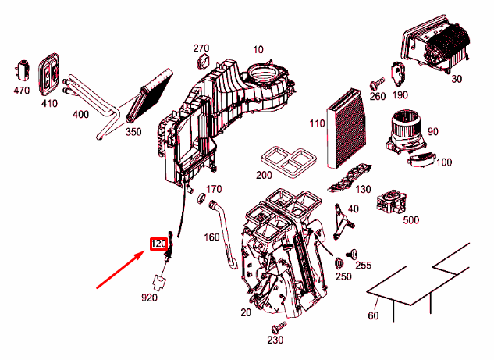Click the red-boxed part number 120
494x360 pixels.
click(158, 244)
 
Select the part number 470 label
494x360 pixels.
click(21, 91)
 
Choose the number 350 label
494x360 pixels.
click(133, 132)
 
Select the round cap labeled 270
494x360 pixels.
click(202, 62)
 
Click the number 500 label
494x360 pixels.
click(411, 220)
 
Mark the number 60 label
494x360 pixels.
click(372, 316)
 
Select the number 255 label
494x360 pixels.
click(363, 266)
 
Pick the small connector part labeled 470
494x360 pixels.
click(19, 70)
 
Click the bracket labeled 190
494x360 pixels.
click(399, 74)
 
